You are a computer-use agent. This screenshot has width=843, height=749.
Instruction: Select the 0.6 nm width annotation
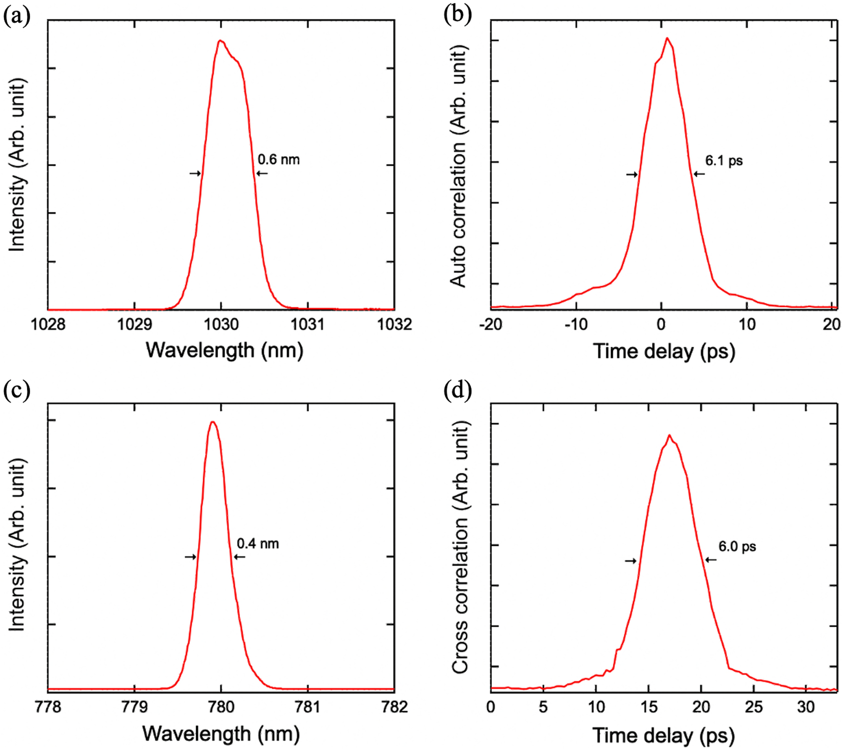click(278, 160)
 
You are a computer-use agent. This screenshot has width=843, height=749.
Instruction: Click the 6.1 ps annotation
click(724, 161)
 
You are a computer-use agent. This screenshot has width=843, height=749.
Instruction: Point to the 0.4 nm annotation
click(257, 544)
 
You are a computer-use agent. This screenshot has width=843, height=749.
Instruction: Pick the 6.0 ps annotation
click(737, 546)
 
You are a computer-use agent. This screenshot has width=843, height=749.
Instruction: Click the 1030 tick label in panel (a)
click(221, 324)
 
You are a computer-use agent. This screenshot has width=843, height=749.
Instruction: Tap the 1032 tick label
click(394, 324)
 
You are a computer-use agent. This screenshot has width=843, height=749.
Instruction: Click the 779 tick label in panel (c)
click(134, 707)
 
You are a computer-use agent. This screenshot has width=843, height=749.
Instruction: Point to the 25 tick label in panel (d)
click(753, 707)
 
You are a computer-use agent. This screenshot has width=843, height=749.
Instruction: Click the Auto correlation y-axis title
click(458, 166)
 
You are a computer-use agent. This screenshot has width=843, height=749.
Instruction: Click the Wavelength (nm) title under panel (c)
click(221, 734)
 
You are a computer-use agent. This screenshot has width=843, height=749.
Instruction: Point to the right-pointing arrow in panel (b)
click(632, 174)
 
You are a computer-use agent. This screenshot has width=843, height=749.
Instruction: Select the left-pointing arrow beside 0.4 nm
click(239, 557)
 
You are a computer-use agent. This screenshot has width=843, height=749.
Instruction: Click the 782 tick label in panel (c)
click(394, 707)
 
